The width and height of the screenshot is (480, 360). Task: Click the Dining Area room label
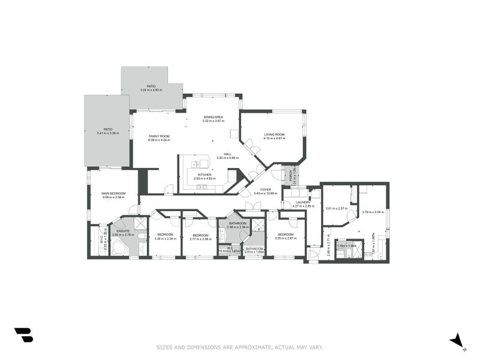[214, 117]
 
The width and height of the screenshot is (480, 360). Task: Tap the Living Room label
[274, 134]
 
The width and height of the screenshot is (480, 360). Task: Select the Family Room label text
[160, 136]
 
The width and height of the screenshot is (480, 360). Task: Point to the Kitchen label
[205, 175]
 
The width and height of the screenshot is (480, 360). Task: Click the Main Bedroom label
[113, 193]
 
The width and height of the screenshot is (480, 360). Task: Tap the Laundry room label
[304, 202]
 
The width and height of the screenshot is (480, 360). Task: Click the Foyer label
[265, 190]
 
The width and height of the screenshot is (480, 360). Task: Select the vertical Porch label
[290, 176]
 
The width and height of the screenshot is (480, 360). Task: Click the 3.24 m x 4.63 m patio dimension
[152, 90]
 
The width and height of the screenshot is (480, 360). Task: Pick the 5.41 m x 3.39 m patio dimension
[108, 133]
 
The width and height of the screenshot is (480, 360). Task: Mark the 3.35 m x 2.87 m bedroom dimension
[286, 238]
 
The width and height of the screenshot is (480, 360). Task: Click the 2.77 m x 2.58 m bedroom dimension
[200, 239]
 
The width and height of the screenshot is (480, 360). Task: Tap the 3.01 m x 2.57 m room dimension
[337, 208]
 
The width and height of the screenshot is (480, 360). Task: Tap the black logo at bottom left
[23, 335]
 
